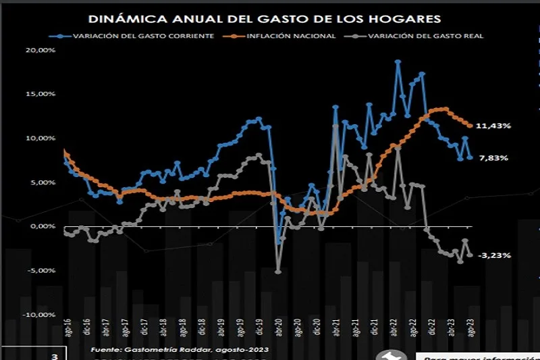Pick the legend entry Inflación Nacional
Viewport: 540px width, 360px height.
[291, 35]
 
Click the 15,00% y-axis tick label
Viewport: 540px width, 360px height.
[41, 95]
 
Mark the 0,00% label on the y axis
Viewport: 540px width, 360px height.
[43, 227]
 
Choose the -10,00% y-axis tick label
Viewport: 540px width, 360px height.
[40, 315]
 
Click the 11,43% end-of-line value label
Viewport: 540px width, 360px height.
[493, 126]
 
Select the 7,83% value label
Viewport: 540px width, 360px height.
[493, 158]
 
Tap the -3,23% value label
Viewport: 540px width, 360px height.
[494, 255]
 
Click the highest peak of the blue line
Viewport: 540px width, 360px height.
[398, 61]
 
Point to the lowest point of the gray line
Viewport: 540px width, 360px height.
[278, 272]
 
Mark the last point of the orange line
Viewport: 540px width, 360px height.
[470, 126]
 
